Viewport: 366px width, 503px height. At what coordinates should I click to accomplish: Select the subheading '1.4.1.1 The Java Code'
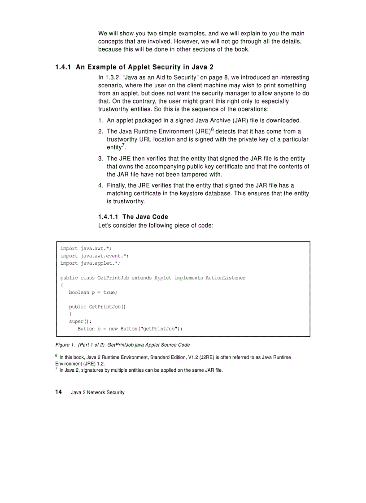(133, 217)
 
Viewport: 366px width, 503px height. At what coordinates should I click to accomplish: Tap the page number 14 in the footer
(58, 392)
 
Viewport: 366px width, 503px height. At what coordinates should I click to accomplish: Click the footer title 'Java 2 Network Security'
(97, 393)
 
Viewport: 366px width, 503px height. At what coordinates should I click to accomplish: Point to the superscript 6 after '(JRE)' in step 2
(212, 129)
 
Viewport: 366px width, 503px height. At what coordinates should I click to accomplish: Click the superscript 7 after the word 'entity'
(123, 146)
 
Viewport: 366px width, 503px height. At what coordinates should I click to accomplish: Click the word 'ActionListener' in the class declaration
(225, 278)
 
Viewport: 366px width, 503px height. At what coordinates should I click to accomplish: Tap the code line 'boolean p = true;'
(93, 292)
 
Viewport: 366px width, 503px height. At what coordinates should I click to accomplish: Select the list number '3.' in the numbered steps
(101, 159)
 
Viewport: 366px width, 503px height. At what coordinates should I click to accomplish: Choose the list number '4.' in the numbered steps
(101, 185)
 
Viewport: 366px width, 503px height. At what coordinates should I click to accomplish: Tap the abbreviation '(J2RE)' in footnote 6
(207, 357)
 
